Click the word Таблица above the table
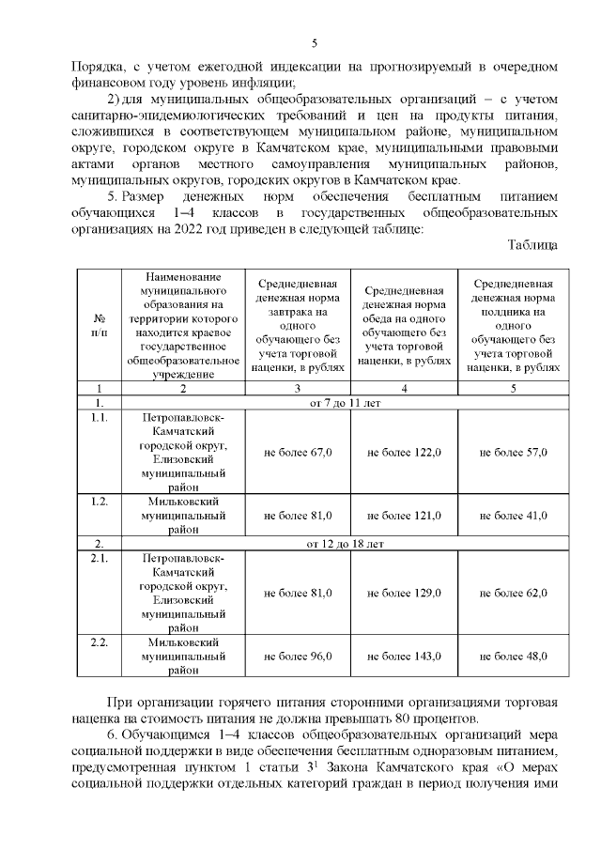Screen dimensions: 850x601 pos(532,246)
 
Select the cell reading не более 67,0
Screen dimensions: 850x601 pos(298,452)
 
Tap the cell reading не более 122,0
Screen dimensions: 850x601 pos(404,452)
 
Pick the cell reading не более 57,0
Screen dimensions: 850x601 pos(513,452)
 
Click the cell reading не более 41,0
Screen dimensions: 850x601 pos(513,515)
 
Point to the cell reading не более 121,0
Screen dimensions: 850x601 pos(404,515)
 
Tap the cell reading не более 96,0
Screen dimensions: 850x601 pos(298,656)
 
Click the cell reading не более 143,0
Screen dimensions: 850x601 pos(404,656)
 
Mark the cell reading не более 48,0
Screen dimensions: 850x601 pos(513,656)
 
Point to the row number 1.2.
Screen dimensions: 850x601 pos(99,501)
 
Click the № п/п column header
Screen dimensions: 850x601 pos(99,326)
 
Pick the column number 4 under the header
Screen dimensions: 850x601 pos(404,387)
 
